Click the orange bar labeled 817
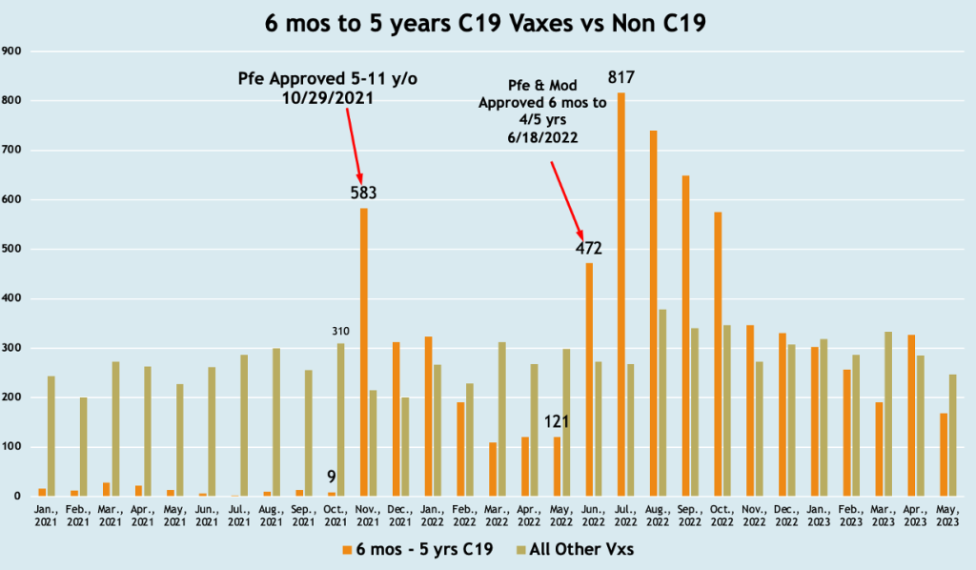pyautogui.click(x=621, y=295)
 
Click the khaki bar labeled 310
pyautogui.click(x=340, y=419)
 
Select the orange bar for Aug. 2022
pyautogui.click(x=653, y=314)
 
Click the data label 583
pyautogui.click(x=364, y=193)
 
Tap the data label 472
pyautogui.click(x=589, y=249)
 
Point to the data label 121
pyautogui.click(x=558, y=422)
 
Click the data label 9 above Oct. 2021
pyautogui.click(x=332, y=478)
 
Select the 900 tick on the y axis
pyautogui.click(x=13, y=51)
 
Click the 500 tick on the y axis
pyautogui.click(x=13, y=249)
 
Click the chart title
pyautogui.click(x=486, y=24)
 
